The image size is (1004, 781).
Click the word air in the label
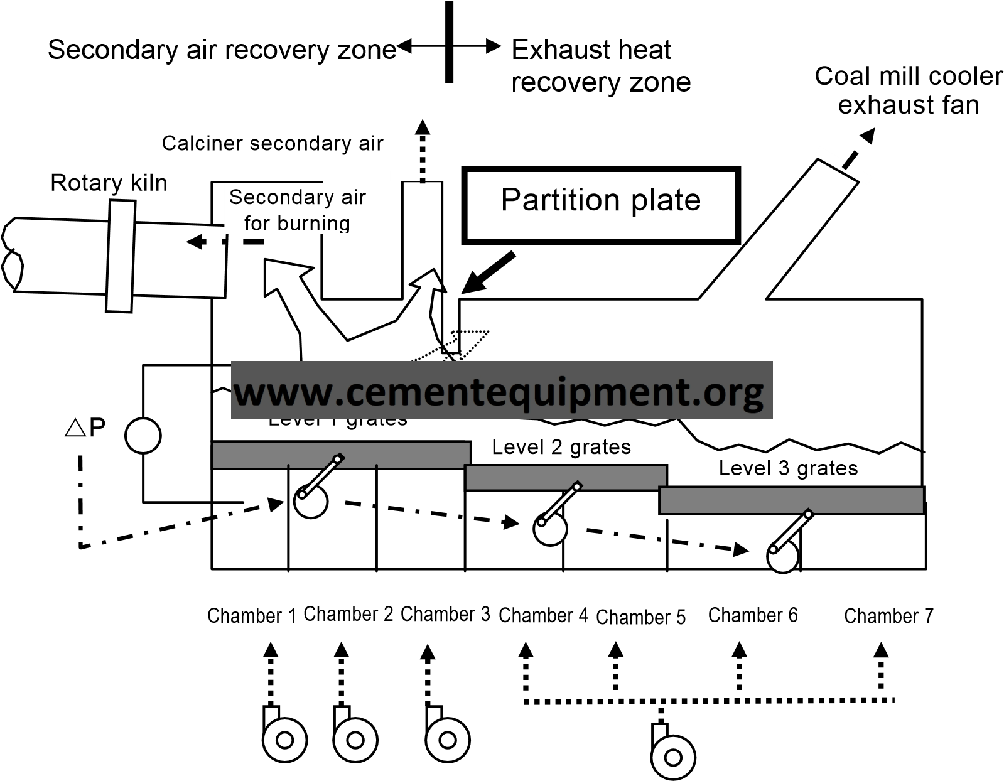tap(352, 197)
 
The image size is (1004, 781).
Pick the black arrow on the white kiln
tap(196, 242)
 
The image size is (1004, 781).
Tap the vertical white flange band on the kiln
tap(121, 256)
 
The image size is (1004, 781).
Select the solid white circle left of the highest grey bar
tap(143, 436)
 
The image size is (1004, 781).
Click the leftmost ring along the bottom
tap(284, 740)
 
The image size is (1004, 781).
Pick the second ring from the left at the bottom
tap(355, 740)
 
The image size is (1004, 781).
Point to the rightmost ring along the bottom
tap(673, 758)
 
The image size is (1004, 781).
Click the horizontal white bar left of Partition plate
tap(421, 176)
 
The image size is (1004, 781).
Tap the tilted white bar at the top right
tap(843, 165)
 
